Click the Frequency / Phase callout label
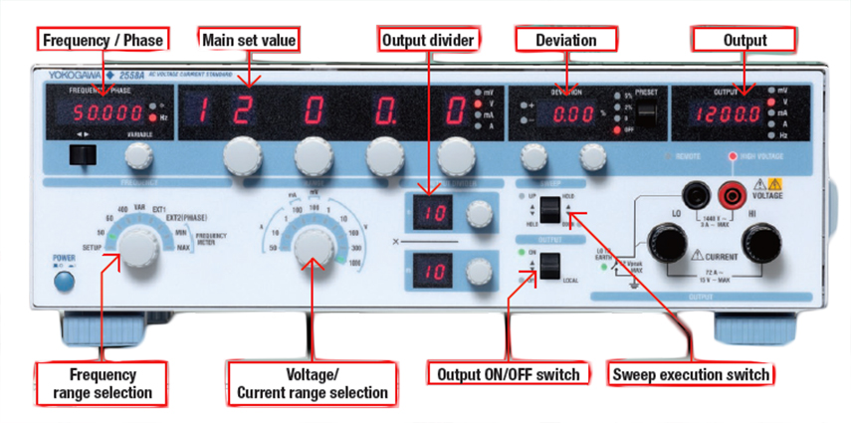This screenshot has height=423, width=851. point(101,40)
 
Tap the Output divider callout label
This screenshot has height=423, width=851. point(427,40)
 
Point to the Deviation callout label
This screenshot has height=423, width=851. point(563,40)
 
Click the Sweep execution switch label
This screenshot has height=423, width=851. point(690,374)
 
